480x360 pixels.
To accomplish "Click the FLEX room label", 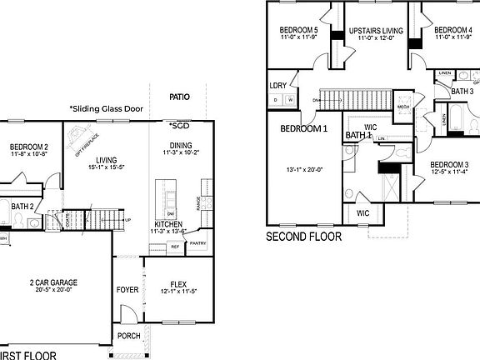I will click(172, 282).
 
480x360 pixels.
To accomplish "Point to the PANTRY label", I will click(197, 244).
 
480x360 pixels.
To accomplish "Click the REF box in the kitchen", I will click(175, 247).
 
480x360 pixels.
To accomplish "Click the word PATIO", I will click(179, 97).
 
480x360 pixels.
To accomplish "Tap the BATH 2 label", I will click(22, 206).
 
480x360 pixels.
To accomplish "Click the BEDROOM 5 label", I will click(298, 29).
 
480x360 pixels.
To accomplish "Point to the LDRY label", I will click(277, 85).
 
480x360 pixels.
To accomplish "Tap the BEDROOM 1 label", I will click(303, 129).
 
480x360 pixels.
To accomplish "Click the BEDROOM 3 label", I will click(449, 164).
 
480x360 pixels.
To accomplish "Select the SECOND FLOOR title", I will click(303, 237).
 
